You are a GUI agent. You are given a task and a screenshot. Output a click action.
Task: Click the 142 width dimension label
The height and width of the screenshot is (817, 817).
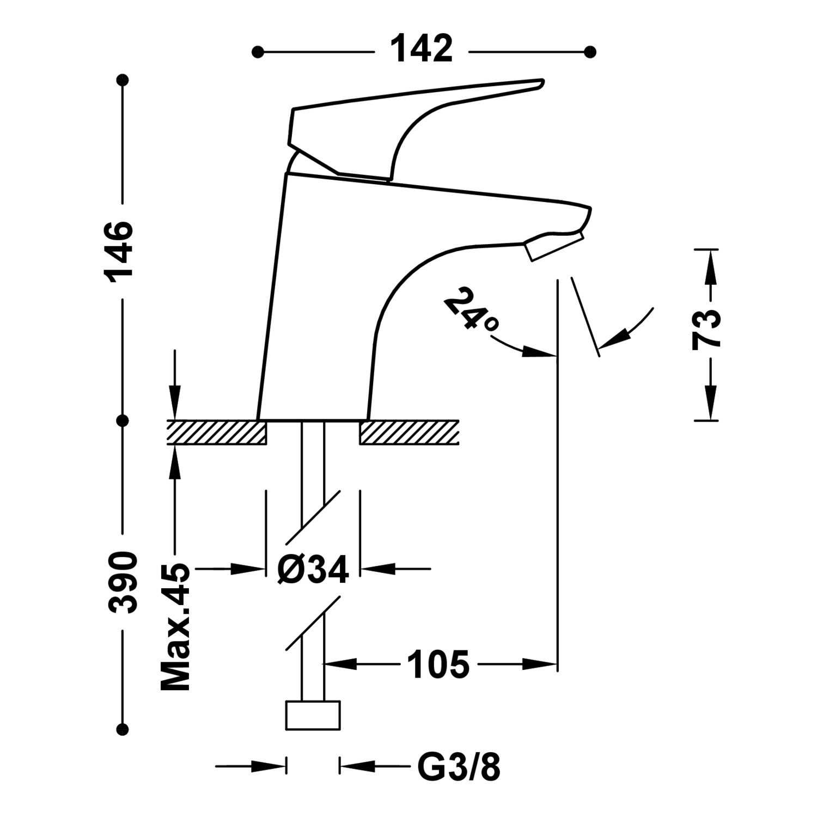point(422,49)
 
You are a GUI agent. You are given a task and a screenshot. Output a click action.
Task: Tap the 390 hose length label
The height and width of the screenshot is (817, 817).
point(121,582)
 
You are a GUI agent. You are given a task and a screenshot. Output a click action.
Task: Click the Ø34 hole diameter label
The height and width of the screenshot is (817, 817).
point(313,570)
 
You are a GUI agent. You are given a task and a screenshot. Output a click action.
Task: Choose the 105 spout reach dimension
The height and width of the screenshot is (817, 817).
point(438,664)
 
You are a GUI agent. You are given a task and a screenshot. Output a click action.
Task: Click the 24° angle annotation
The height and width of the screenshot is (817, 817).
point(470,309)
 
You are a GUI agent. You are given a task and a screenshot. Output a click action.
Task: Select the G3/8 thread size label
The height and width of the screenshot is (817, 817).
point(459,767)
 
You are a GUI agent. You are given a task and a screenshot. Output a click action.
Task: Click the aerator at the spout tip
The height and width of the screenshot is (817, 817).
point(553,247)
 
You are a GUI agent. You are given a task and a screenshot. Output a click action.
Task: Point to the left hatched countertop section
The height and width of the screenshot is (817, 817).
point(217,432)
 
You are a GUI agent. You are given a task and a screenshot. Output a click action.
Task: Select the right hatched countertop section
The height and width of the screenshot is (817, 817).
point(408,432)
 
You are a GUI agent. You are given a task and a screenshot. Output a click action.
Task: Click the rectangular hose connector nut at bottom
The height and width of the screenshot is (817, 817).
point(313,715)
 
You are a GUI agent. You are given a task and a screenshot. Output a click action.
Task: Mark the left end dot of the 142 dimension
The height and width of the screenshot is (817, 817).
point(258,52)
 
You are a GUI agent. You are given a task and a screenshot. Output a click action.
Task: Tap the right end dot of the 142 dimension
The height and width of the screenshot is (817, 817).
point(589,52)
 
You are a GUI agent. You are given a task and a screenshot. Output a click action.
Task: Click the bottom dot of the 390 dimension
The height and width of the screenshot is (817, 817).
point(123,729)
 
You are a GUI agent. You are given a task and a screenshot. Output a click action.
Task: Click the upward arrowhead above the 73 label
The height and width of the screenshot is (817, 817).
point(709,270)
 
